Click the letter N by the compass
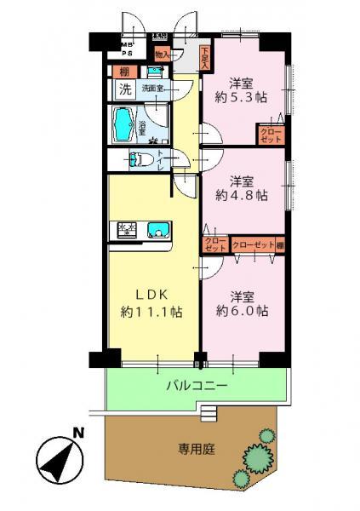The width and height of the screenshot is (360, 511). click(77, 434)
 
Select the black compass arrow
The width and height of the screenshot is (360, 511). click(55, 460)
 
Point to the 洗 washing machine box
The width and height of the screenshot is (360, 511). click(124, 89)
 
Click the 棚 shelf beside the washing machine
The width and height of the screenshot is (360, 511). click(124, 72)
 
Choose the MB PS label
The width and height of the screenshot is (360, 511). click(128, 49)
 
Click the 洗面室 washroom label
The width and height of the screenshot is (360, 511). click(153, 88)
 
